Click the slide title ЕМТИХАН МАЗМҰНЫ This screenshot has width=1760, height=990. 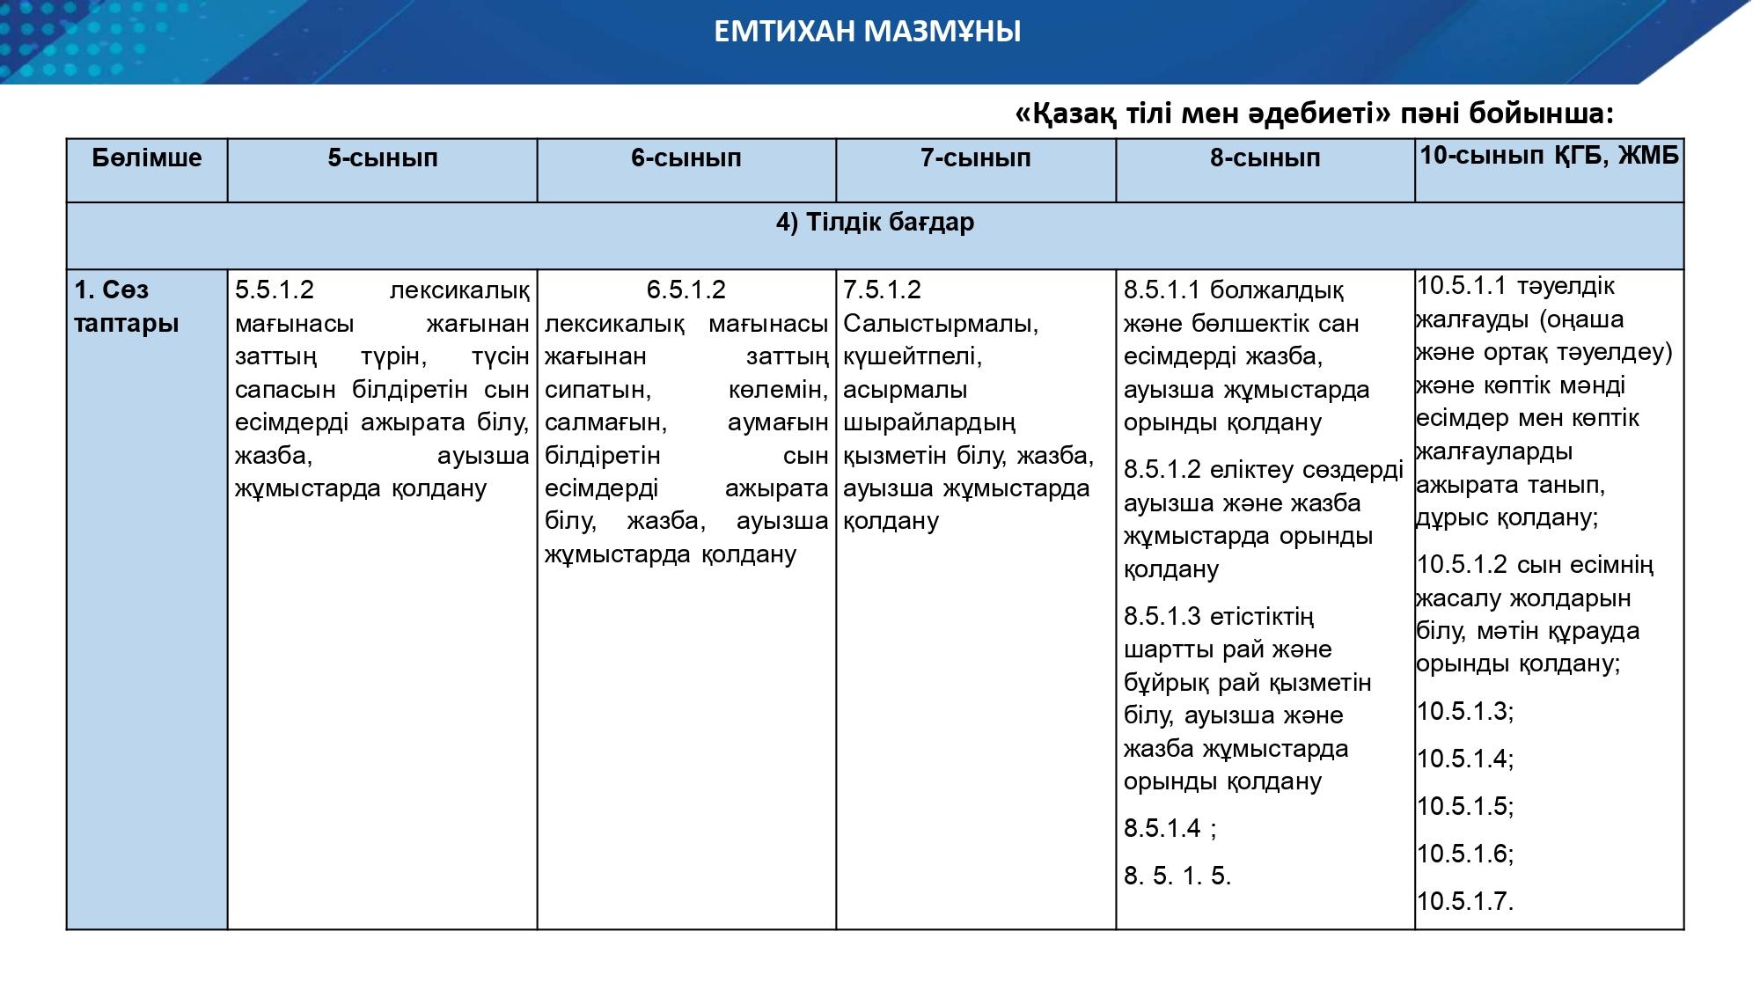tap(867, 33)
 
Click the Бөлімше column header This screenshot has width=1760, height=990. tap(147, 158)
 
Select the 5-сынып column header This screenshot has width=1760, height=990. tap(383, 158)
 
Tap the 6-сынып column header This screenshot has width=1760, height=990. tap(686, 158)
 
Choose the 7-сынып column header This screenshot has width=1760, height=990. tap(975, 158)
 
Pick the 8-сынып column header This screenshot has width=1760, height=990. tap(1265, 158)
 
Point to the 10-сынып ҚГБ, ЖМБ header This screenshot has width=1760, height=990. tap(1549, 156)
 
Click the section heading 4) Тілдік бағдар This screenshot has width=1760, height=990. tap(875, 223)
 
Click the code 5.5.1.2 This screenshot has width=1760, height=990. tap(275, 290)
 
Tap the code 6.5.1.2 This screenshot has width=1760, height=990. tap(686, 290)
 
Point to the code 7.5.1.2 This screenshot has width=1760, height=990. tap(882, 290)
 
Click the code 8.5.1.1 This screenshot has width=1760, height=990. tap(1162, 290)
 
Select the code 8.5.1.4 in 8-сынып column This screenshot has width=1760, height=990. tap(1162, 828)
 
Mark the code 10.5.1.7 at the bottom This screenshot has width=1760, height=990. tap(1464, 901)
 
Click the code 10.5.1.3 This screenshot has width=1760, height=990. tap(1464, 711)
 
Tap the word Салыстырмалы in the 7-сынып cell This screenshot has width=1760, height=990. tap(941, 324)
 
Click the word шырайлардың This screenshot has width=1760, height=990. tap(929, 422)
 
